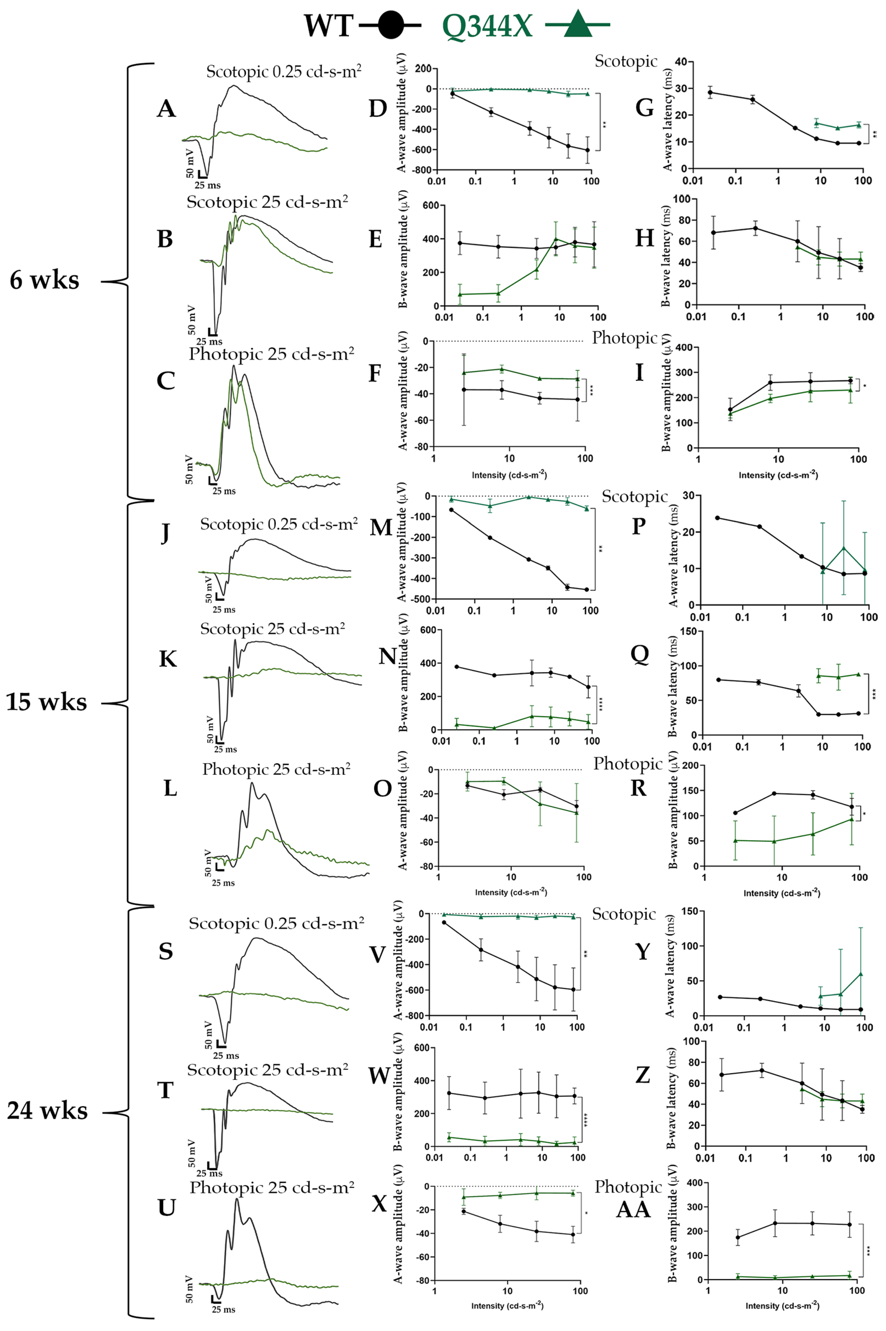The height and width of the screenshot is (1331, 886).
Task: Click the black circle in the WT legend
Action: (x=390, y=25)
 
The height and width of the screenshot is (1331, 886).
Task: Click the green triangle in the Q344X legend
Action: (x=577, y=25)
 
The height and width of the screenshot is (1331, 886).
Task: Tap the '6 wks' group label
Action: (x=45, y=280)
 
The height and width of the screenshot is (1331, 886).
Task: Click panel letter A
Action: (x=166, y=108)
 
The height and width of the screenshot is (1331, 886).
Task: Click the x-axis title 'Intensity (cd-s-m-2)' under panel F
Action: (x=509, y=475)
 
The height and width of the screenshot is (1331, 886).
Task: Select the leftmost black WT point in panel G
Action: (x=710, y=93)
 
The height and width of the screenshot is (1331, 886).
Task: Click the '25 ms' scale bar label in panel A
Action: (x=207, y=185)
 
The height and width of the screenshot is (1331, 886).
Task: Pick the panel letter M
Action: (x=381, y=527)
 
